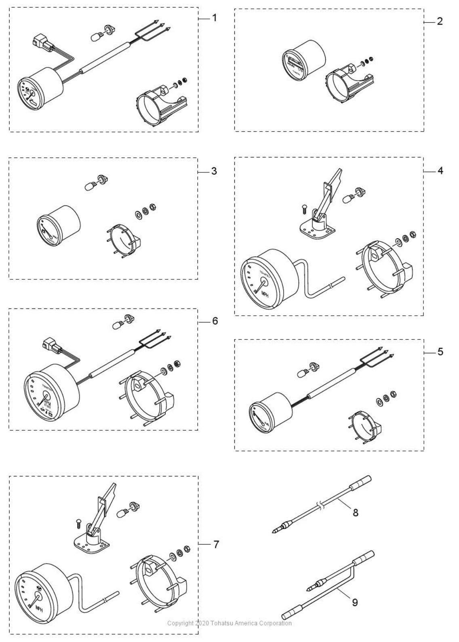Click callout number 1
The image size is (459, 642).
(214, 18)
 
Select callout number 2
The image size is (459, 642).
(440, 21)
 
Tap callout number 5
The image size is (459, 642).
(440, 352)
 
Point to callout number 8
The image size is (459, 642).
(356, 513)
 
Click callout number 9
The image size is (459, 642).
(355, 602)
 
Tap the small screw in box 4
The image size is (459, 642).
(304, 209)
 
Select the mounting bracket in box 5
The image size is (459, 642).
(365, 428)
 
